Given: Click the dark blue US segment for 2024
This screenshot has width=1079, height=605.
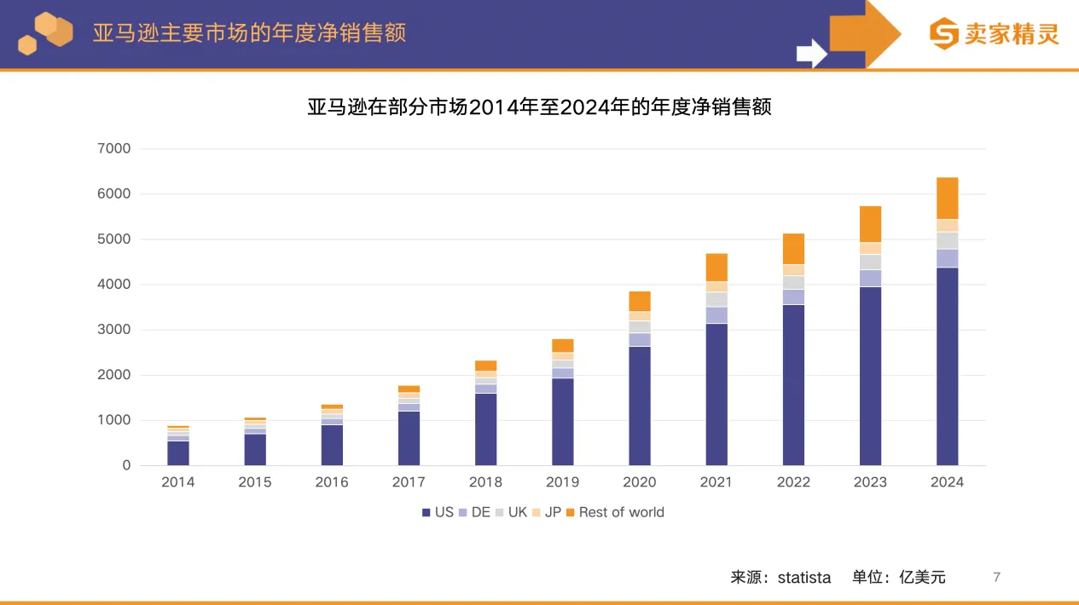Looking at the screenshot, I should click(x=947, y=366).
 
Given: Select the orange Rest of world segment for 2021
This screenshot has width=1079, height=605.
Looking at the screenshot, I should click(x=716, y=267).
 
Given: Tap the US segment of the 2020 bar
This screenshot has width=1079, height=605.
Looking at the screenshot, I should click(x=640, y=406).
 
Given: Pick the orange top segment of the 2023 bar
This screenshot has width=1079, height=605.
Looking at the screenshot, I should click(x=870, y=224).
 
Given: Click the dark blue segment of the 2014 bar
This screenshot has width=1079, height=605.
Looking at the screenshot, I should click(x=178, y=452).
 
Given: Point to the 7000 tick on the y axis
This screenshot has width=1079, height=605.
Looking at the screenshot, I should click(x=115, y=149).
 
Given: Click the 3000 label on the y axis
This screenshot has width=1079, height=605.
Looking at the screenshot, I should click(x=115, y=330).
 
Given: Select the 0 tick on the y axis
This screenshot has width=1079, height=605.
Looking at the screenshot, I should click(x=126, y=465).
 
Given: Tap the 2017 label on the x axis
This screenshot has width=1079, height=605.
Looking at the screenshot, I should click(x=409, y=482).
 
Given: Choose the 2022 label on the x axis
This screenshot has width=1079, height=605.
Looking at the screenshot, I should click(x=793, y=482).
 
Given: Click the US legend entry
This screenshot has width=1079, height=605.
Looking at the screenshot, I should click(x=438, y=512).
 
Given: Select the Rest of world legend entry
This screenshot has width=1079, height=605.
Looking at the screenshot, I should click(x=621, y=512).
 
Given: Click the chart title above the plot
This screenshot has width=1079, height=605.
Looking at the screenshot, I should click(x=539, y=107).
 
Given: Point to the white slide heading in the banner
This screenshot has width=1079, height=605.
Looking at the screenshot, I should click(x=249, y=33).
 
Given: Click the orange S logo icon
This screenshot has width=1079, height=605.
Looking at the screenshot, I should click(x=944, y=34).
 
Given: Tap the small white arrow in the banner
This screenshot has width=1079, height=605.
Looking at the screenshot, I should click(x=811, y=53).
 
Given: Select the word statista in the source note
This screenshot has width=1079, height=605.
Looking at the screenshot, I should click(x=803, y=578).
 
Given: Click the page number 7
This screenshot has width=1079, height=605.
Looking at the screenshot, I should click(x=996, y=578).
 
